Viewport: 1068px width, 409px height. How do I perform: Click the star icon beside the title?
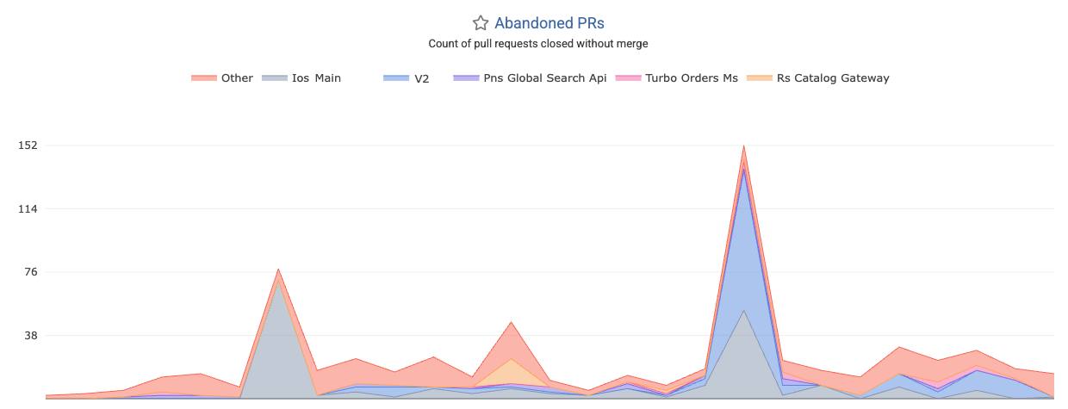click(x=481, y=24)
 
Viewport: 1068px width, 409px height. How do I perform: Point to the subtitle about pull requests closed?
click(x=538, y=44)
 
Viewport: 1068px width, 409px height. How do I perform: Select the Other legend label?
click(x=237, y=78)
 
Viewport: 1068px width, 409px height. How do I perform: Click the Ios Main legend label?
click(x=316, y=78)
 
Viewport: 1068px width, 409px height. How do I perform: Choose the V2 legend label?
click(x=421, y=78)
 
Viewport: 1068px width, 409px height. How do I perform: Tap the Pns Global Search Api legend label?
click(x=544, y=78)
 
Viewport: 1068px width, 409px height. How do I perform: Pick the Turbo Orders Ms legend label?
click(x=692, y=78)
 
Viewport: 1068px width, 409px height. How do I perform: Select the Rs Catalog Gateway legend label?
click(x=833, y=78)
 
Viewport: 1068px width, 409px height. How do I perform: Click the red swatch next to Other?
click(x=204, y=78)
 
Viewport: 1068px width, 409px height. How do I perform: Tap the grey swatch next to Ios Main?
click(x=274, y=78)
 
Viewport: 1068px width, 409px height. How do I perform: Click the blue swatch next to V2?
click(x=396, y=78)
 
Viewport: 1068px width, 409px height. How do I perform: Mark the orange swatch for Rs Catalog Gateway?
click(x=760, y=78)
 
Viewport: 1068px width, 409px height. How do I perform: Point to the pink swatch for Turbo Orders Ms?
click(x=628, y=78)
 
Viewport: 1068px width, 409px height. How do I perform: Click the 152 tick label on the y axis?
click(x=28, y=146)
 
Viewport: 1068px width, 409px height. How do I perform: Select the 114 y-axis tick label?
click(x=28, y=209)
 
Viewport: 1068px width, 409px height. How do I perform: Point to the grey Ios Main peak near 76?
click(x=278, y=284)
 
